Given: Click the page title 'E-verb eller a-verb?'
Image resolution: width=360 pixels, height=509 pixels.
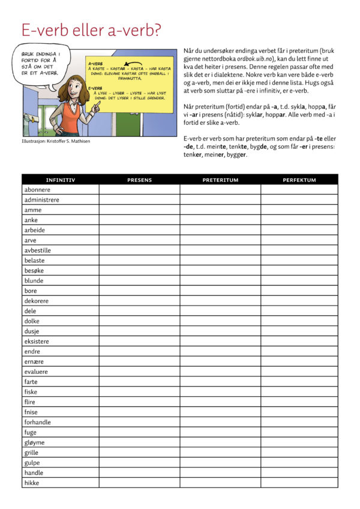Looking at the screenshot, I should point(91,30).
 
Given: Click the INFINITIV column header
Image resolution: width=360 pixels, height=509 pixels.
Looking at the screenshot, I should point(60,179).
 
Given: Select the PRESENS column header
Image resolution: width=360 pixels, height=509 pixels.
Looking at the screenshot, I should point(139,179).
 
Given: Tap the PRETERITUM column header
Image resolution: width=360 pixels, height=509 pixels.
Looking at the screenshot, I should point(220,179).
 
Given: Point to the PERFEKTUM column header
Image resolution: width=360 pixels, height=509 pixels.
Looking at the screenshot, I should point(299,179).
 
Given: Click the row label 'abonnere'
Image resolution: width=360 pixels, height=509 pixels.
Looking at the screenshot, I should point(37,190).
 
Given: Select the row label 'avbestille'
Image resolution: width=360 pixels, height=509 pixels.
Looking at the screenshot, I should point(37,250).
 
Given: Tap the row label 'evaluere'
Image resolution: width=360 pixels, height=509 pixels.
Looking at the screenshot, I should point(36,372).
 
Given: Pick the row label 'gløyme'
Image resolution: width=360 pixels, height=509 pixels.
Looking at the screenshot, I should point(34,442).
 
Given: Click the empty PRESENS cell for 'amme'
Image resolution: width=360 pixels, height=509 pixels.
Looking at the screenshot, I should point(139,210).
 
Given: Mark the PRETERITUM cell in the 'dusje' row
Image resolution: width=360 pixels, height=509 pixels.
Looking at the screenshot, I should point(220,331).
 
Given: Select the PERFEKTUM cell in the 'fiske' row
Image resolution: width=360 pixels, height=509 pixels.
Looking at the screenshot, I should point(299,392).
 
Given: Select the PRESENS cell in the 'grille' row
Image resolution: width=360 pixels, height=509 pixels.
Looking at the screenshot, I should point(139,453).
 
